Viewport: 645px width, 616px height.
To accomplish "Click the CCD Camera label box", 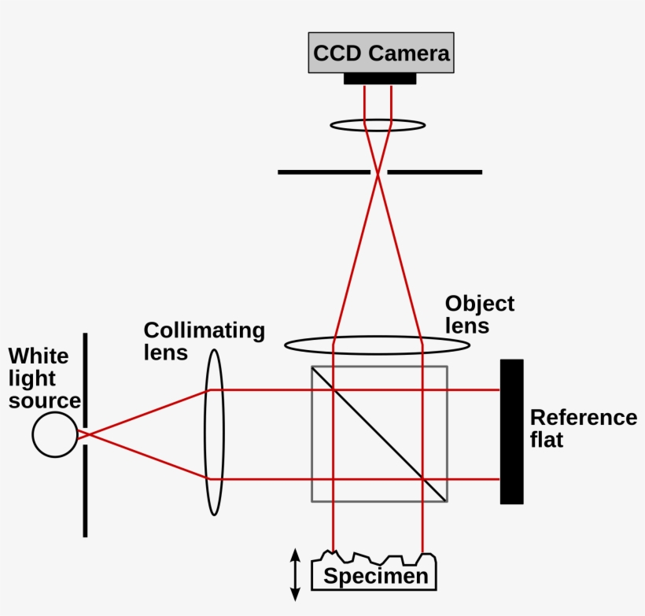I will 381,53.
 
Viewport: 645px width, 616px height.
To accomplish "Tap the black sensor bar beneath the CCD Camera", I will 380,79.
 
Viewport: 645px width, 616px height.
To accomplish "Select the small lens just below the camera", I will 378,125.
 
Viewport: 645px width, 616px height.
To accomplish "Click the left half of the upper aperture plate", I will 323,172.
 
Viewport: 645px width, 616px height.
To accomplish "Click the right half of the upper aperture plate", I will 435,172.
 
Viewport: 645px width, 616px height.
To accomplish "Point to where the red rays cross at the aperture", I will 378,172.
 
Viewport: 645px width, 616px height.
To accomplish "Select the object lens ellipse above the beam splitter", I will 378,345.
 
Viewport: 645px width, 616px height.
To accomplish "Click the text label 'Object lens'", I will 479,314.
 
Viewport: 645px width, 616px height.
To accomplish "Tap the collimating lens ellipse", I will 214,433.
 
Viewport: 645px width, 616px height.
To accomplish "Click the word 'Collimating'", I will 204,330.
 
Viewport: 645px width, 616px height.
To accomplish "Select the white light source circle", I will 55,434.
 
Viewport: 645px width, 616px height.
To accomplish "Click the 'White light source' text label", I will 43,378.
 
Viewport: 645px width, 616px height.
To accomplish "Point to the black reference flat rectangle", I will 511,431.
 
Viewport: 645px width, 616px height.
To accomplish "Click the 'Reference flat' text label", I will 583,428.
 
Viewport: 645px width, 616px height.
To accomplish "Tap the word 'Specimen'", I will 376,577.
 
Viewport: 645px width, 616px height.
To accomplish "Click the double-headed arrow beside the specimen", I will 296,575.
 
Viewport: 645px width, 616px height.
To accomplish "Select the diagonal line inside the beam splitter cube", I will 380,433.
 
